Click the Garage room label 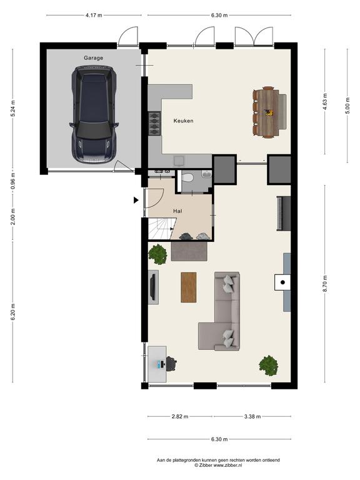point(93,58)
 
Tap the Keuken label point(183,121)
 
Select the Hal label point(177,211)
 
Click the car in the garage point(94,114)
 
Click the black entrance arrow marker point(136,200)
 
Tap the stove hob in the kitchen point(154,124)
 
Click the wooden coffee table point(189,287)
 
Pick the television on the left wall point(152,287)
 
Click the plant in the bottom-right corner point(269,365)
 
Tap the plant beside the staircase point(157,254)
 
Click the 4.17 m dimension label point(94,15)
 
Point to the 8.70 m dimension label point(325,284)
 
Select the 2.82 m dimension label point(180,416)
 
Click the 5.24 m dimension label point(13,108)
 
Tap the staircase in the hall point(161,229)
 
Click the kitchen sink point(179,161)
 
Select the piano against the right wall point(283,213)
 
